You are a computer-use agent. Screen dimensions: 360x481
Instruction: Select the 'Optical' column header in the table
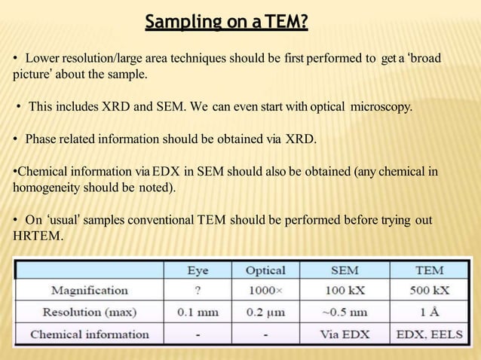point(266,270)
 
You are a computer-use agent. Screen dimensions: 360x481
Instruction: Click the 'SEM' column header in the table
point(345,270)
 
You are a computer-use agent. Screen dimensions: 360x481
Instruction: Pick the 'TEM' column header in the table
point(429,270)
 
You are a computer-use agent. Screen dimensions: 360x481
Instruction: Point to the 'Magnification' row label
point(90,290)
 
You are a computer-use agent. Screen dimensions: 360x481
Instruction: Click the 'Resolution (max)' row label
point(90,311)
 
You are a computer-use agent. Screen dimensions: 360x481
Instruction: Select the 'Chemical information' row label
point(90,333)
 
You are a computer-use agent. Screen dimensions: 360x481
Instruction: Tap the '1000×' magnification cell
point(266,290)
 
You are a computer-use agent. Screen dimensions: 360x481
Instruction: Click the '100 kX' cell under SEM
point(345,290)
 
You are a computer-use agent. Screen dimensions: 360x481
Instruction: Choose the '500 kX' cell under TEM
point(429,290)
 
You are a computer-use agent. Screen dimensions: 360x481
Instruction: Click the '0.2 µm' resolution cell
point(266,311)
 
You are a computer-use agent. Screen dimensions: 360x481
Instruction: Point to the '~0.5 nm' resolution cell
point(345,311)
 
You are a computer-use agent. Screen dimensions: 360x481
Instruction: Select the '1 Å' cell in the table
point(429,311)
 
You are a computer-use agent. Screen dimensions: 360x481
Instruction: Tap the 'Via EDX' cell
point(345,333)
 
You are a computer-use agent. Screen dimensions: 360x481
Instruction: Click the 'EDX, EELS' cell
point(429,333)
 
